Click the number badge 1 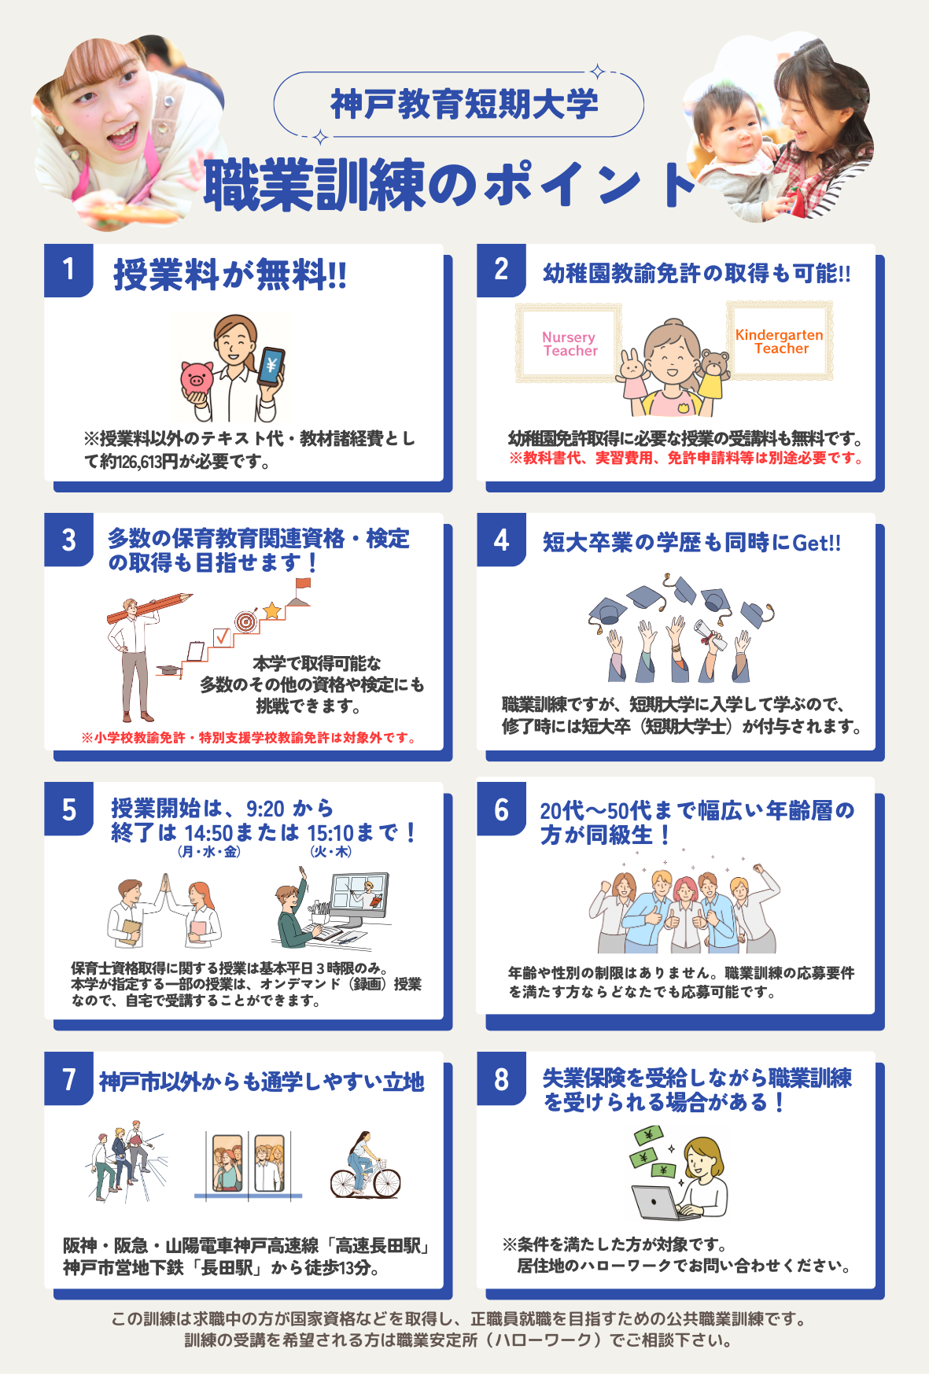pyautogui.click(x=68, y=270)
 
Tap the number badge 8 pyautogui.click(x=501, y=1078)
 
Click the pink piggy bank pyautogui.click(x=197, y=378)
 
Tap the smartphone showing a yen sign pyautogui.click(x=271, y=366)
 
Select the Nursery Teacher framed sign pyautogui.click(x=569, y=344)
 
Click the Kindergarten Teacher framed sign pyautogui.click(x=780, y=341)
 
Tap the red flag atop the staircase pyautogui.click(x=302, y=584)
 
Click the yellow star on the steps pyautogui.click(x=272, y=610)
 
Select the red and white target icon pyautogui.click(x=246, y=621)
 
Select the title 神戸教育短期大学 pyautogui.click(x=464, y=105)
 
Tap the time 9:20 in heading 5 pyautogui.click(x=265, y=809)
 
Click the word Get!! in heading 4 pyautogui.click(x=817, y=543)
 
